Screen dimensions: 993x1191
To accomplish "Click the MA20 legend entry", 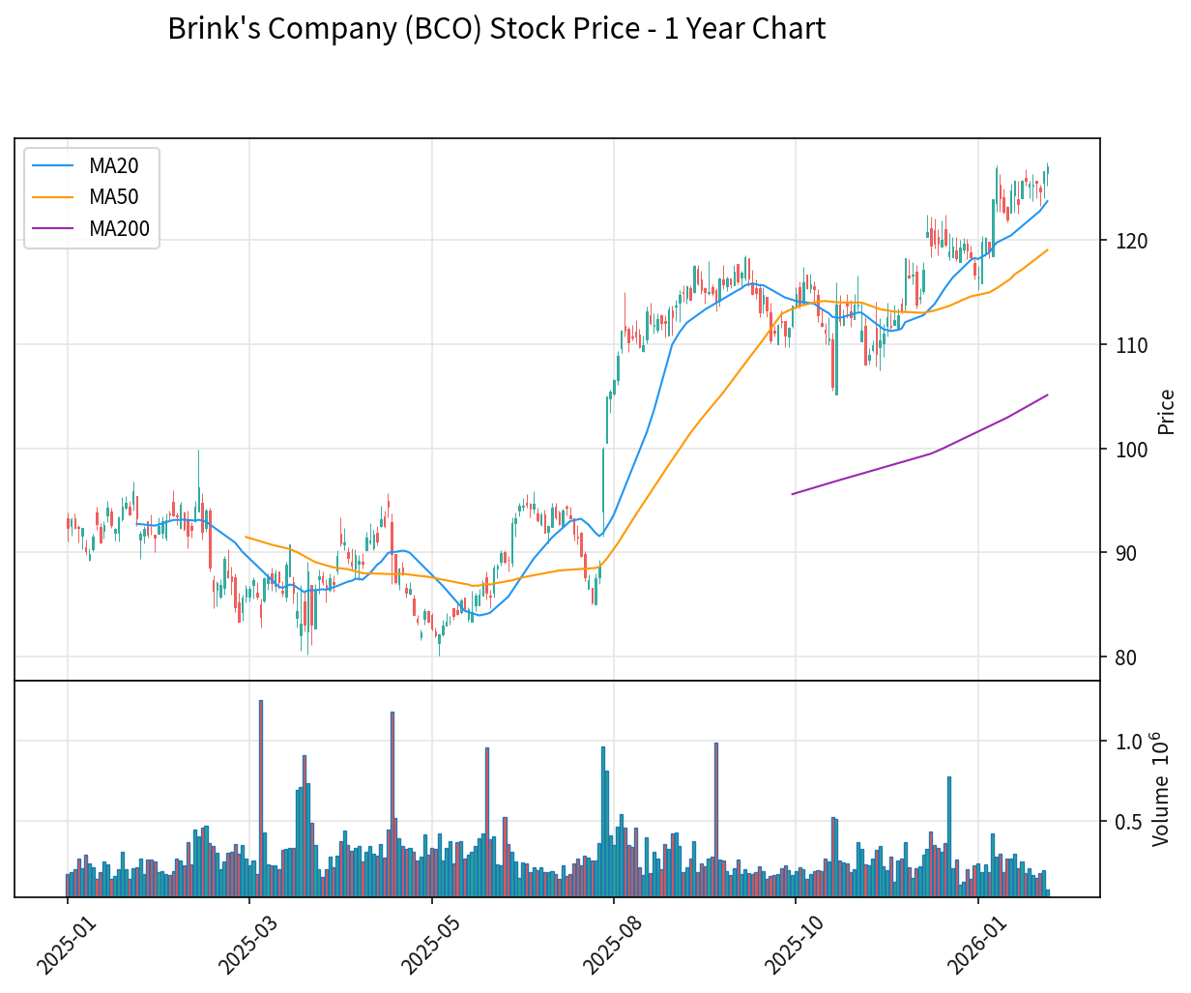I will click(x=113, y=165).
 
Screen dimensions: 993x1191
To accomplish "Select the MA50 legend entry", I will click(x=113, y=197).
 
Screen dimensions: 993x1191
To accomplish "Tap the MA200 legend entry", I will click(x=119, y=229).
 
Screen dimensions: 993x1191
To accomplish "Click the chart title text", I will click(x=496, y=29).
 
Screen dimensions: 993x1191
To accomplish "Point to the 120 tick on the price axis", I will click(x=1131, y=241).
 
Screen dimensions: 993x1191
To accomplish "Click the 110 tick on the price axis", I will click(x=1131, y=345).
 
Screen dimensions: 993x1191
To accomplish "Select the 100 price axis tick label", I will click(x=1131, y=450).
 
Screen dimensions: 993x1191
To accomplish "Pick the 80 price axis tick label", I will click(x=1125, y=657).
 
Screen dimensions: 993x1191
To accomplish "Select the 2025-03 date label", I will click(x=244, y=943).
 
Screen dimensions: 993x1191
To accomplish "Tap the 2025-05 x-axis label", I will click(x=426, y=943).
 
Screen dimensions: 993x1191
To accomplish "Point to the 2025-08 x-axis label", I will click(x=608, y=943).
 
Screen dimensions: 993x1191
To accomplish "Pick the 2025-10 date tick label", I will click(x=790, y=943).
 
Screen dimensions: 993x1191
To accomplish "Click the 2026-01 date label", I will click(x=973, y=943).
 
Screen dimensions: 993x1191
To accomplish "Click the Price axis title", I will click(x=1167, y=411).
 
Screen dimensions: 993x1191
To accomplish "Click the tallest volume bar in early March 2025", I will click(x=261, y=798).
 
